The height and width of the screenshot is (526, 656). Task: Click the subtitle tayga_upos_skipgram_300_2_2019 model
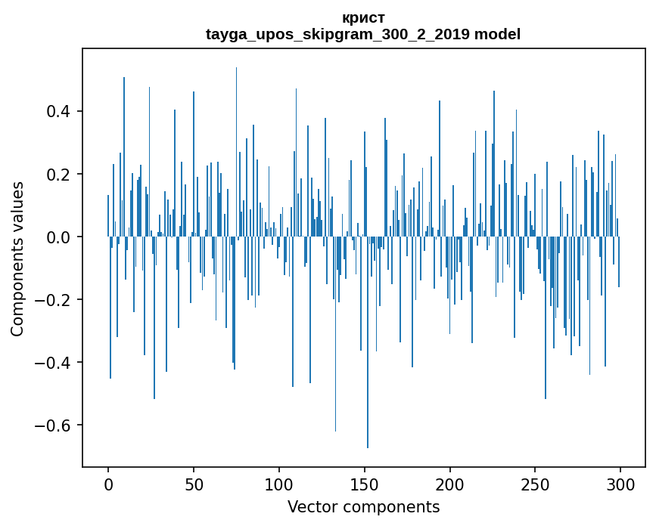[x=363, y=34]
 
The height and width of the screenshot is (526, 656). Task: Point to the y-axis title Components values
[x=17, y=258]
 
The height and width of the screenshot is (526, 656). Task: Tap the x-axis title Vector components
[x=363, y=506]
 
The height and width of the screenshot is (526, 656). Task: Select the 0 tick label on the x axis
[x=108, y=484]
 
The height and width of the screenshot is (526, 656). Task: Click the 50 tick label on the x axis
[x=194, y=484]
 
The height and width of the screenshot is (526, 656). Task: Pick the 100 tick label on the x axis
[x=279, y=484]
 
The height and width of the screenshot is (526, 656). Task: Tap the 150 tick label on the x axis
[x=364, y=484]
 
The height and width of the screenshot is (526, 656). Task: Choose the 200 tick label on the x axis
[x=449, y=484]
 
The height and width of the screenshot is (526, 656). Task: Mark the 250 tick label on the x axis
[x=535, y=484]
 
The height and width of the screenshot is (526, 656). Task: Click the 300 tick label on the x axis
[x=620, y=484]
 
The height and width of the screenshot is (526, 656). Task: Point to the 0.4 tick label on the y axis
[x=60, y=112]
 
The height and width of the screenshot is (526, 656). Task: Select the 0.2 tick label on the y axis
[x=60, y=175]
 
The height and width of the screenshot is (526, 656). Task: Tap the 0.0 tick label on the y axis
[x=60, y=237]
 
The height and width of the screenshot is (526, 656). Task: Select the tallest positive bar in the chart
[x=236, y=151]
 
